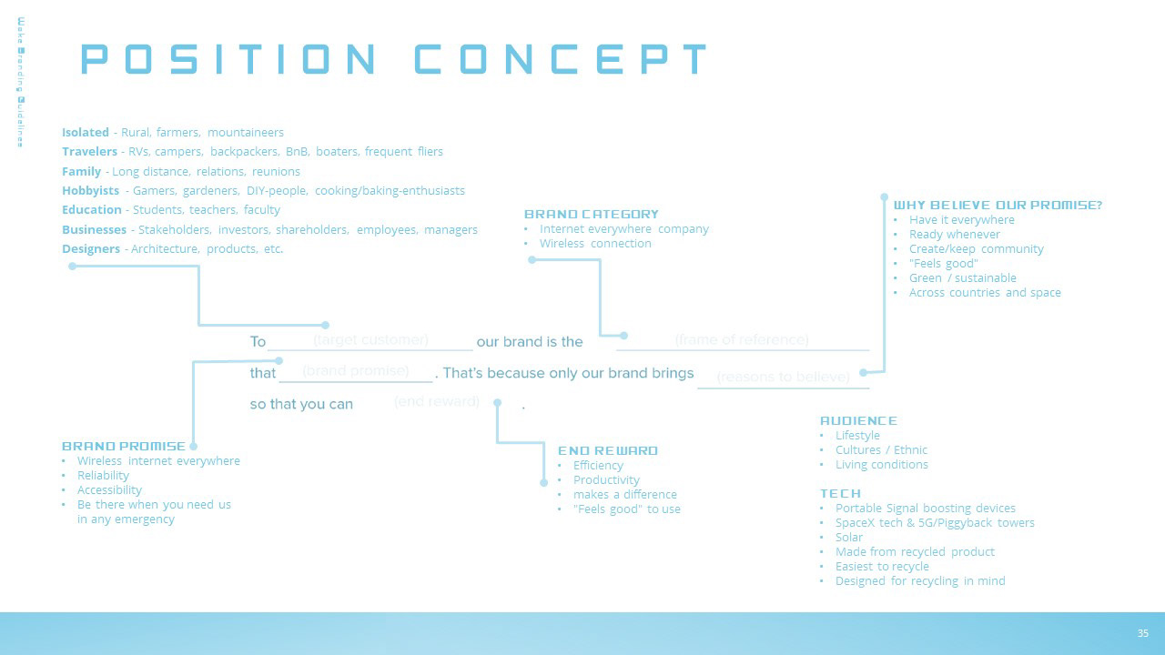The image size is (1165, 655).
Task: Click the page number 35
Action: tap(1143, 633)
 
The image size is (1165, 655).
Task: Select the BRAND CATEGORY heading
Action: tap(592, 215)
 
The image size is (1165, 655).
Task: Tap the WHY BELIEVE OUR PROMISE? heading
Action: tap(998, 206)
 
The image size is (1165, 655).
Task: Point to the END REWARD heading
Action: tap(608, 451)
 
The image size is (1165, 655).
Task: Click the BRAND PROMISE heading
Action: tap(124, 447)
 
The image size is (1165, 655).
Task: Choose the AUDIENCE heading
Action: tap(858, 421)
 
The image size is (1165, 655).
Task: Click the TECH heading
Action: tap(840, 494)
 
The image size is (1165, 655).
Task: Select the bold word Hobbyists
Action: tap(90, 191)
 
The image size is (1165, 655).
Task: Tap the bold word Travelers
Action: tap(89, 152)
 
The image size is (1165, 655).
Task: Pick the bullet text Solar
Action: tap(848, 538)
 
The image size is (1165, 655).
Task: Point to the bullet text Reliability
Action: tap(103, 476)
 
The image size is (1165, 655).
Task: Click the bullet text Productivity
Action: tap(606, 480)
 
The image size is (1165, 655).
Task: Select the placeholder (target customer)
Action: tap(370, 340)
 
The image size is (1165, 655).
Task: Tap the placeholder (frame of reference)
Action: tap(742, 340)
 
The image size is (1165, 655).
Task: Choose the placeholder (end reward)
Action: tap(437, 402)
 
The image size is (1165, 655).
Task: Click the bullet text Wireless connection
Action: tap(595, 244)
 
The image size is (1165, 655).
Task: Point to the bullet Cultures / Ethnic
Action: tap(881, 450)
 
